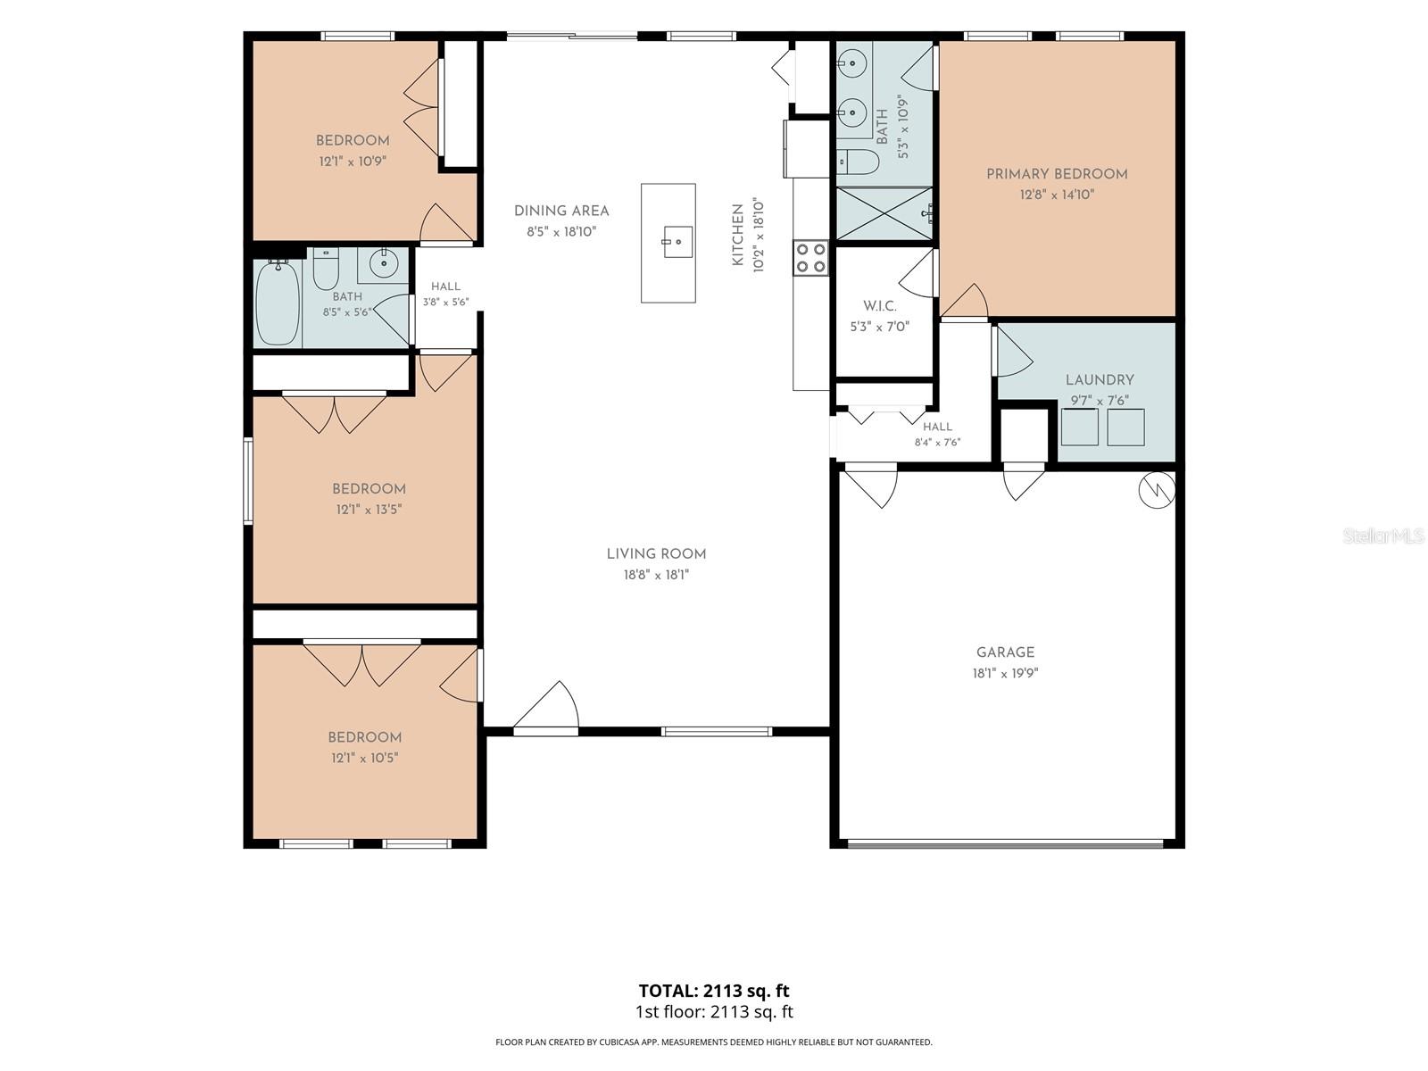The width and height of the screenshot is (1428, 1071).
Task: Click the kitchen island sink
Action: click(x=677, y=241)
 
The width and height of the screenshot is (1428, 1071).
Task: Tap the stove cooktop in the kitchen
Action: click(x=810, y=258)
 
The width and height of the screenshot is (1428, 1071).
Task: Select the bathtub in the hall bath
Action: click(x=278, y=303)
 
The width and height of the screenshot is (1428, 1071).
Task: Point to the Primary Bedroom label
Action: click(x=1057, y=174)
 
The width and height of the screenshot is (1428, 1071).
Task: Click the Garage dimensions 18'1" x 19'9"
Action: click(x=1005, y=673)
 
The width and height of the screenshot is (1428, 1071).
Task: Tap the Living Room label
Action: click(x=656, y=554)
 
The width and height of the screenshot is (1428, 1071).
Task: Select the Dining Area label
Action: click(x=561, y=211)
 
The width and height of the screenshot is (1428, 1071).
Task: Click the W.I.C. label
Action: click(x=880, y=306)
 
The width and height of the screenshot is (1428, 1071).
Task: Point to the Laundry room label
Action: click(x=1100, y=380)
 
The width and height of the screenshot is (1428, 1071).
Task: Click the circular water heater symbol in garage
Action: click(x=1157, y=490)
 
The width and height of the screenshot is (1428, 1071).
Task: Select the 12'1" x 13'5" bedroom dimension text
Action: click(x=369, y=510)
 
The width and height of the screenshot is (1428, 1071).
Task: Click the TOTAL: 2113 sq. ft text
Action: click(x=714, y=991)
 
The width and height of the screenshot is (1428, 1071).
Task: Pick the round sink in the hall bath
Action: click(x=383, y=263)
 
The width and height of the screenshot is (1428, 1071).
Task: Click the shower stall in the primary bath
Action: click(x=884, y=214)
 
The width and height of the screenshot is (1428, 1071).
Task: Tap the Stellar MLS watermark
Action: click(x=1383, y=535)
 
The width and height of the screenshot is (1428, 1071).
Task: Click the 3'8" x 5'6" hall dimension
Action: click(x=445, y=302)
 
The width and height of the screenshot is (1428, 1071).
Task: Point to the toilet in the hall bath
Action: click(x=326, y=269)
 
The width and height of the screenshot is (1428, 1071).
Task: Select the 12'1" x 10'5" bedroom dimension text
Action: click(x=364, y=759)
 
